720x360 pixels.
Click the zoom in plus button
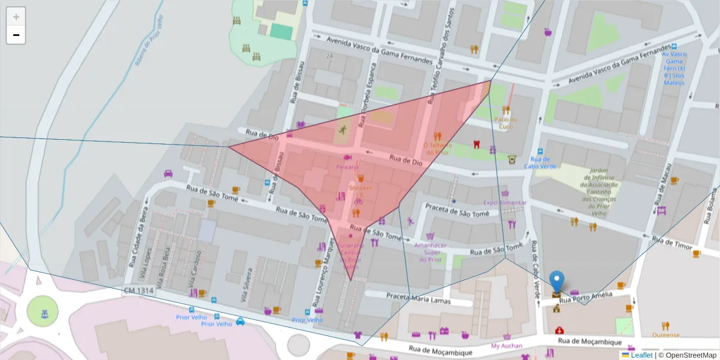coord(16,17)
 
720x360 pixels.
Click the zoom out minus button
coord(16,35)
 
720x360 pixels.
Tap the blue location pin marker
coord(557,282)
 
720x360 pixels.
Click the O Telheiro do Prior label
coord(436,148)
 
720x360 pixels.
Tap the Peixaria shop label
coord(347,167)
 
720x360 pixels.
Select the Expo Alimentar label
coord(505,203)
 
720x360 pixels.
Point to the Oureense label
coord(666,335)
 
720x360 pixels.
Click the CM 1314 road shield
coord(139,291)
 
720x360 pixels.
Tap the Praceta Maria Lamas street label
coord(418,298)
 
